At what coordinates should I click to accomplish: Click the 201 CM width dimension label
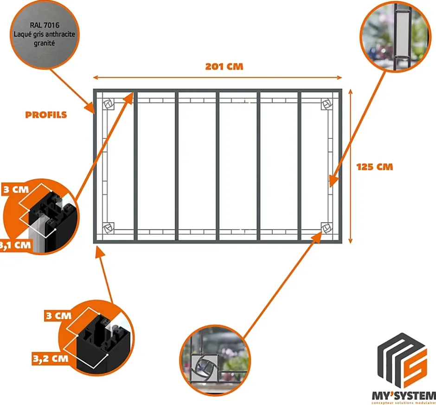click(224, 66)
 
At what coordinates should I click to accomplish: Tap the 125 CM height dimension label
click(375, 167)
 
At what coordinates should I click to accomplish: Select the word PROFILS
click(46, 115)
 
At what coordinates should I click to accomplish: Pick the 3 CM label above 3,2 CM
click(58, 316)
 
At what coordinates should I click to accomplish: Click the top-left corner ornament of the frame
click(109, 104)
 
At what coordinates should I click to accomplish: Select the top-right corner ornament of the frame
click(327, 104)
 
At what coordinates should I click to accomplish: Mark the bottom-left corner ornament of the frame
click(109, 228)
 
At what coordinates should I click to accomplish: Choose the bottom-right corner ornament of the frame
click(327, 228)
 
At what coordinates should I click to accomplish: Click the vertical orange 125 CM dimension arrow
click(350, 167)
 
